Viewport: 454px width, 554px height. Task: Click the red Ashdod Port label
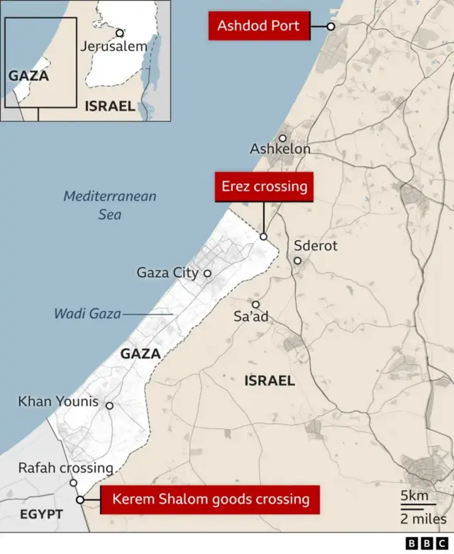click(x=259, y=26)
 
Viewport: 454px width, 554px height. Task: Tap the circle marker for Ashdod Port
click(x=331, y=26)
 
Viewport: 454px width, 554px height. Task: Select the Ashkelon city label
click(x=280, y=149)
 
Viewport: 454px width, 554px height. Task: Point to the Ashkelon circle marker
click(x=282, y=139)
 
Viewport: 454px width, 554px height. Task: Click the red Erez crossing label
click(x=264, y=187)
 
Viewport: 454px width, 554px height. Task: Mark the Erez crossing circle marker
click(x=263, y=237)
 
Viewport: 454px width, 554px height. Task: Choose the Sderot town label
click(x=316, y=246)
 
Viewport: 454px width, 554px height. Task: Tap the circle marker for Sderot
click(x=297, y=260)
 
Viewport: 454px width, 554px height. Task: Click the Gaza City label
click(x=167, y=273)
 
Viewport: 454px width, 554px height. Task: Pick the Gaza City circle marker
click(x=208, y=273)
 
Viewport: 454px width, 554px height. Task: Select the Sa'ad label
click(x=251, y=317)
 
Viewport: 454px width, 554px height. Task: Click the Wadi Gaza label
click(x=87, y=313)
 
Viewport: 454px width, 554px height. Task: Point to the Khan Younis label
click(x=58, y=402)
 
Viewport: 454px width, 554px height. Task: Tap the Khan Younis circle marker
click(x=109, y=406)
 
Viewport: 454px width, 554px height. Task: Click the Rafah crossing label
click(x=65, y=468)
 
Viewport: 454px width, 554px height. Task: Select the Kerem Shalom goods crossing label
click(x=210, y=499)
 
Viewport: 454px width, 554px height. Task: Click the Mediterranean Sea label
click(x=109, y=205)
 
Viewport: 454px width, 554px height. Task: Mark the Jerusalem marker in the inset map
click(x=120, y=33)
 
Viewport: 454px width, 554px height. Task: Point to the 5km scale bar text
click(x=414, y=495)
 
